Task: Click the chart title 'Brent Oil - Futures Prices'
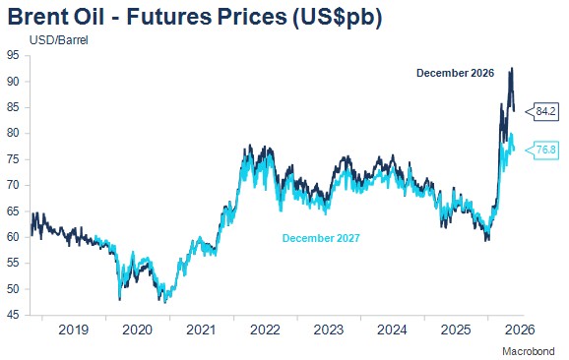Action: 148,17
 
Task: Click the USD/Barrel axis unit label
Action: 59,40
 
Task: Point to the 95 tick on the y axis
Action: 13,55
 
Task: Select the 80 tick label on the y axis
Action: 13,133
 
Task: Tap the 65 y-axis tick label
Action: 13,211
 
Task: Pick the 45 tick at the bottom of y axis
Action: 13,315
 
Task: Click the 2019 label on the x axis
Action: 73,330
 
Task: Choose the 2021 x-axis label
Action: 201,330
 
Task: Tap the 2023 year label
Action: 329,330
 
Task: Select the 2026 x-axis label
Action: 520,330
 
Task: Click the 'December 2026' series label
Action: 455,73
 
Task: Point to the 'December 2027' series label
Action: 321,238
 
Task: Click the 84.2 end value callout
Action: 542,111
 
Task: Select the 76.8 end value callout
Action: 542,150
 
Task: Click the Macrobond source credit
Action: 529,351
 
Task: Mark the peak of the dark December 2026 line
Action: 512,68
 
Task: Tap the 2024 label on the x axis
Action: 392,330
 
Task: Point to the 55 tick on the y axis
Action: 13,263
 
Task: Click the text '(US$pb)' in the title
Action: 337,18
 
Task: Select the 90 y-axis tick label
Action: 13,82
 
